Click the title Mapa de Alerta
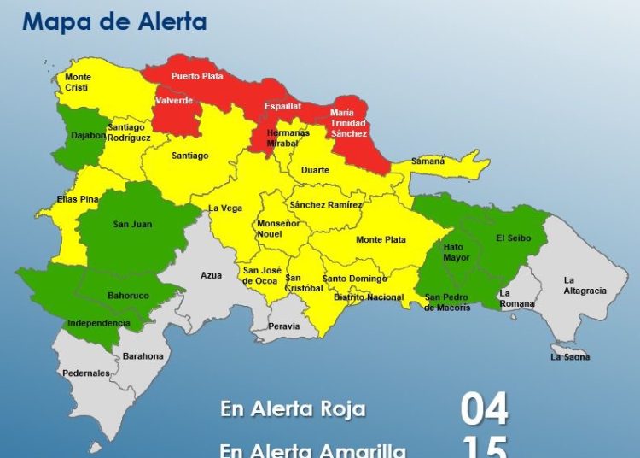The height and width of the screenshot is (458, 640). click(x=114, y=22)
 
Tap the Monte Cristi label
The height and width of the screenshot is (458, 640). click(x=78, y=82)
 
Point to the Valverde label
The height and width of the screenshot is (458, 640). click(x=173, y=101)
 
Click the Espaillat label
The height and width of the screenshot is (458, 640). click(x=282, y=107)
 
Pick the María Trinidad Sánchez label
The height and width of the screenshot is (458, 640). click(x=349, y=123)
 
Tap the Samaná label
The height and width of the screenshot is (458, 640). click(x=428, y=161)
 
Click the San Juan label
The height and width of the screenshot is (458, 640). click(x=131, y=225)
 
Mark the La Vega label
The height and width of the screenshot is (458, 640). click(x=225, y=208)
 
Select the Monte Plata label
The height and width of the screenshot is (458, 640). click(x=381, y=240)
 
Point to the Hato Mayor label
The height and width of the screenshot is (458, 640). click(x=456, y=252)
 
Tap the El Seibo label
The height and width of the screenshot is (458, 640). click(x=514, y=239)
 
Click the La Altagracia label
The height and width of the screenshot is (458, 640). click(x=585, y=285)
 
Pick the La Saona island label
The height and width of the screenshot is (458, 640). click(x=570, y=357)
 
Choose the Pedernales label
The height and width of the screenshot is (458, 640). click(x=85, y=373)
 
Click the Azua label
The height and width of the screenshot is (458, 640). click(x=211, y=275)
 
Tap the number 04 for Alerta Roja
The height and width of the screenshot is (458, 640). click(x=484, y=409)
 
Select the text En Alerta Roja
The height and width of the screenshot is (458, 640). click(x=293, y=409)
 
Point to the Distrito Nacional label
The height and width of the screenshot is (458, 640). click(x=369, y=297)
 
